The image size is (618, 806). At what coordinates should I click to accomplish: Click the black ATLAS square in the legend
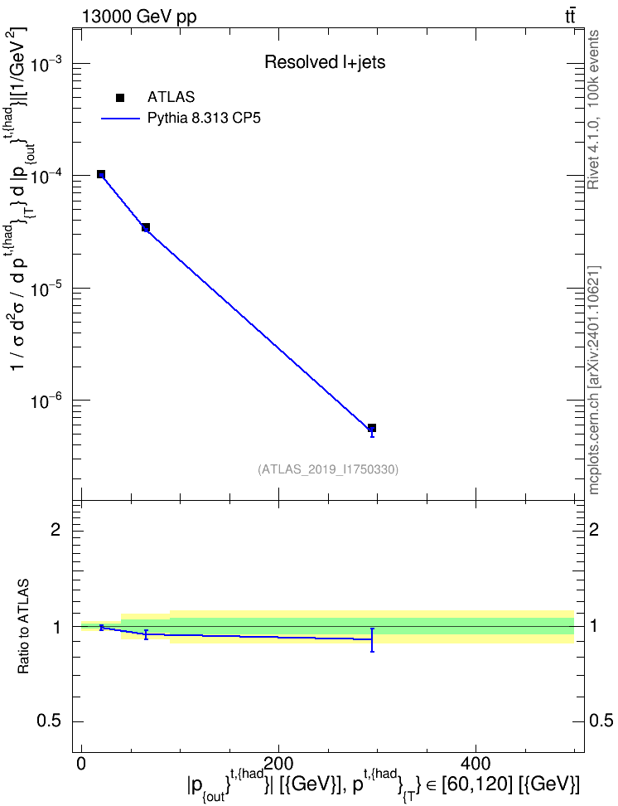120,98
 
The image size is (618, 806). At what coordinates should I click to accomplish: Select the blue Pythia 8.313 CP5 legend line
120,119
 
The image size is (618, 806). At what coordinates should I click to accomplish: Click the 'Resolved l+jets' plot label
325,62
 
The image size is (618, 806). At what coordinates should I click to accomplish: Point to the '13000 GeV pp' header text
139,17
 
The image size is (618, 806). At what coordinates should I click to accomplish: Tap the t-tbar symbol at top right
570,17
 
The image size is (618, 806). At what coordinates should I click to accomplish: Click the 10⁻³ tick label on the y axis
46,65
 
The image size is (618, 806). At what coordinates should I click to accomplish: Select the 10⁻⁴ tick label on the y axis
46,177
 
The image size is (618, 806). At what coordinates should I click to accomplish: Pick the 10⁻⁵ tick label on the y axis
46,289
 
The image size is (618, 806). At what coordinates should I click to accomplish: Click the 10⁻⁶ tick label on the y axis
46,401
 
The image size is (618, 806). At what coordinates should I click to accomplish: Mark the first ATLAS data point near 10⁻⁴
101,174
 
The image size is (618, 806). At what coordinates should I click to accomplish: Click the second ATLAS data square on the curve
146,227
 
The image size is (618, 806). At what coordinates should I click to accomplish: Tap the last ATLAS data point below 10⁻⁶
372,428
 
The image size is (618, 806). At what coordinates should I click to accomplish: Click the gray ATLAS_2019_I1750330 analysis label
328,469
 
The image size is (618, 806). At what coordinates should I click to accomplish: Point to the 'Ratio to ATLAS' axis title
23,627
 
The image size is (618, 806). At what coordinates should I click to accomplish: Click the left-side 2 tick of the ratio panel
56,530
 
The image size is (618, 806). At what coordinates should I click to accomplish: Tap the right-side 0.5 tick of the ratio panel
601,721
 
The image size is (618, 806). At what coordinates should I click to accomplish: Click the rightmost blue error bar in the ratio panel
372,640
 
